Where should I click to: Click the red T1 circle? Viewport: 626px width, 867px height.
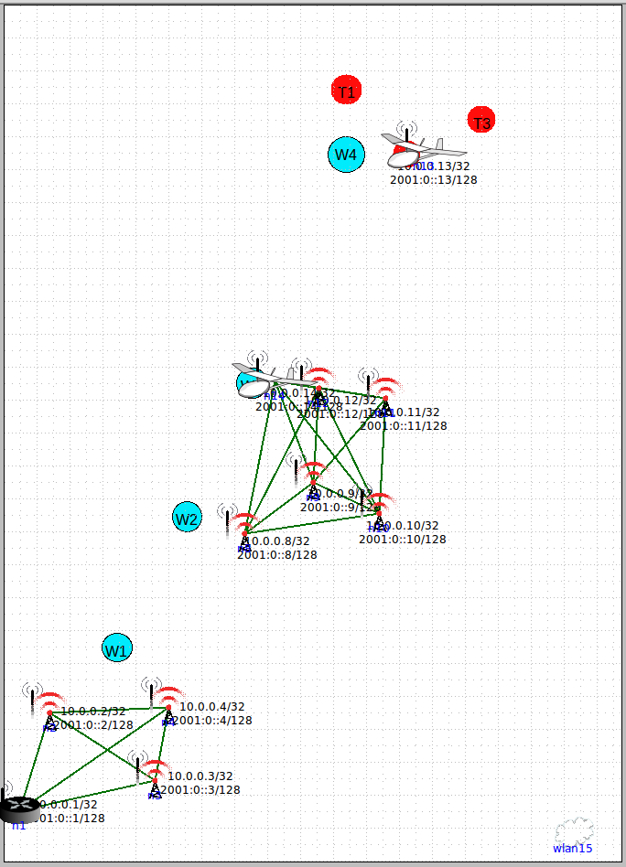coord(346,90)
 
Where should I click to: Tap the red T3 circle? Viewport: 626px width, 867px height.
coord(481,120)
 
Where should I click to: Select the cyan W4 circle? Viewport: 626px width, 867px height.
coord(345,154)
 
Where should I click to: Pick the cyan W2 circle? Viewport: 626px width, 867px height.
coord(187,518)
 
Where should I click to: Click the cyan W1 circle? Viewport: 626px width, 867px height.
coord(116,648)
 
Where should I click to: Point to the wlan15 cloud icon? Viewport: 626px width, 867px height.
coord(574,831)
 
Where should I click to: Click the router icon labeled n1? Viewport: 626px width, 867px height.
coord(18,808)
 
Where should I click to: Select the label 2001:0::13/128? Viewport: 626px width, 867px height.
coord(433,180)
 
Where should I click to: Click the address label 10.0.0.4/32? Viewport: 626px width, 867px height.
coord(211,707)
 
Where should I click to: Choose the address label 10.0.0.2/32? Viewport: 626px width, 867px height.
coord(93,712)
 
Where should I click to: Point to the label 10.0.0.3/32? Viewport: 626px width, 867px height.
coord(200,776)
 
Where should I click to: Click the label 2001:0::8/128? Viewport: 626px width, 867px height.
coord(277,554)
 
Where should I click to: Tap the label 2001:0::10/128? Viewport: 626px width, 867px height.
coord(403,540)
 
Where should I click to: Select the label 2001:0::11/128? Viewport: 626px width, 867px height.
coord(404,425)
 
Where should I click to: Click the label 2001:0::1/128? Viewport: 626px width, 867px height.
coord(66,819)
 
